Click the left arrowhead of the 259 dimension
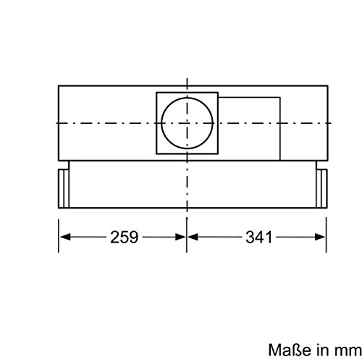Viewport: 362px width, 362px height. click(63, 237)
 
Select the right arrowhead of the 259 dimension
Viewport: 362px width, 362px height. click(182, 237)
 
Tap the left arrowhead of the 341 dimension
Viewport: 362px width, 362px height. click(192, 237)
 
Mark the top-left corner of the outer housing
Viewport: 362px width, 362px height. click(58, 85)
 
